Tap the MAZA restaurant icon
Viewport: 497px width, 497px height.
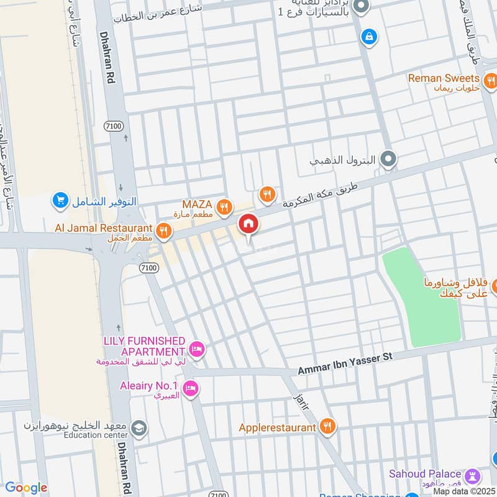tap(225, 206)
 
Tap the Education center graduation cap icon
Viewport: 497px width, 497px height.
tap(140, 427)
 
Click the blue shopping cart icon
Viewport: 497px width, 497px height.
tap(60, 199)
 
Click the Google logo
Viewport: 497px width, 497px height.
tap(25, 488)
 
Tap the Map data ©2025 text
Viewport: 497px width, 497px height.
tap(463, 491)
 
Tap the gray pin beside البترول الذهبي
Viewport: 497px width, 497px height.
tap(388, 160)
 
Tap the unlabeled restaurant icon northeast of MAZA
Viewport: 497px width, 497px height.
tap(267, 195)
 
